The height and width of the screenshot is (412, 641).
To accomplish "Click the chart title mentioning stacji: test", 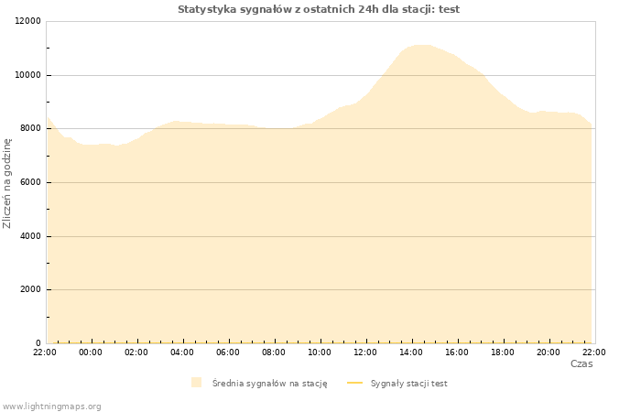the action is click(319, 9).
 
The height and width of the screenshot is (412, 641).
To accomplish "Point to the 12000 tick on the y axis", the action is click(27, 21).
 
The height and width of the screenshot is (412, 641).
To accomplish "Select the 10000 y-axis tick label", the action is click(27, 75).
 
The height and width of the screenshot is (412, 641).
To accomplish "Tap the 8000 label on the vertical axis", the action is click(30, 128).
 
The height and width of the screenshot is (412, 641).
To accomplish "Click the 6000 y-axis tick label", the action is click(30, 182).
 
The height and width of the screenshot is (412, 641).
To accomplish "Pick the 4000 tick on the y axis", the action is click(30, 236).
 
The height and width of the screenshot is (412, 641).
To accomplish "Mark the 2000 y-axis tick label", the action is click(30, 289).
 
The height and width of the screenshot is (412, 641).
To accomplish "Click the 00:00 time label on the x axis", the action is click(91, 352).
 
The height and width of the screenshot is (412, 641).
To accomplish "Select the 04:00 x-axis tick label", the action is click(182, 352).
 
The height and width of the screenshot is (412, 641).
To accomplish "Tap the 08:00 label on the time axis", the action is click(274, 352).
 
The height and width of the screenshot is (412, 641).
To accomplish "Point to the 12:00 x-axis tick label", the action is click(365, 352).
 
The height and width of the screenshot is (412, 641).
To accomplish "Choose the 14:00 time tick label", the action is click(411, 352).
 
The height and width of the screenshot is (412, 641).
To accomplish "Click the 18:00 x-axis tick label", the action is click(503, 352).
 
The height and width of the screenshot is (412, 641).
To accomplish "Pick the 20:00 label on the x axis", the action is click(549, 352).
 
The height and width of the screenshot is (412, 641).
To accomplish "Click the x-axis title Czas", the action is click(581, 363).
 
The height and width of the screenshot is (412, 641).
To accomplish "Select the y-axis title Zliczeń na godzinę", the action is click(7, 183).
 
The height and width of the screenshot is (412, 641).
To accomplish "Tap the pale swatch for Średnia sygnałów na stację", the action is click(196, 383).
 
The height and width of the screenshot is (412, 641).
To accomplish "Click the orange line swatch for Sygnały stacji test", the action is click(355, 383).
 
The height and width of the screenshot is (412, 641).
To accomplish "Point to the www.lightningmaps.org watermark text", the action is click(51, 407).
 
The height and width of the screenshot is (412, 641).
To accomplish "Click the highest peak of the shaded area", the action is click(421, 45).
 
